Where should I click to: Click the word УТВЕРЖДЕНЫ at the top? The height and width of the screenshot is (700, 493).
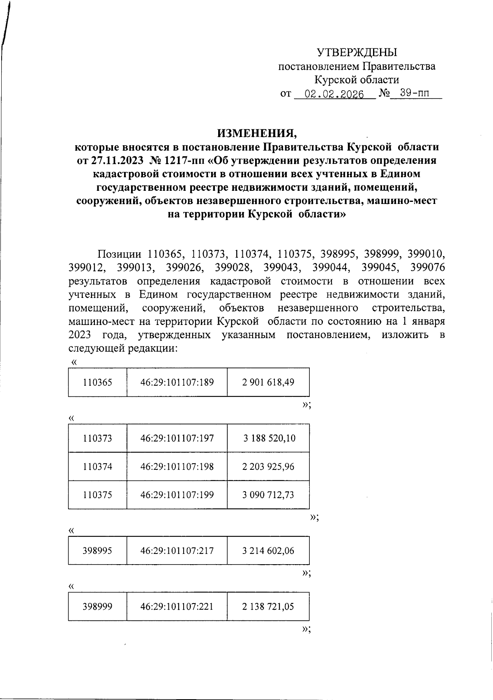[357, 52]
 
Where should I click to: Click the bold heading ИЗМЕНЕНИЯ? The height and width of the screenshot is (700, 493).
[256, 133]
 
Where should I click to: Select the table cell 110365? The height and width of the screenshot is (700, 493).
[97, 382]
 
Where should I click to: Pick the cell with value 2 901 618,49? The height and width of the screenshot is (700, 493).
[268, 382]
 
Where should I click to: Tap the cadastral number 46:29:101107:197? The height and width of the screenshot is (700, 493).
[177, 438]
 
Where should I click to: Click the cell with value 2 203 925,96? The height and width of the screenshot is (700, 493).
[268, 467]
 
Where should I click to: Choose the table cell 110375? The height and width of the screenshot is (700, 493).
[97, 495]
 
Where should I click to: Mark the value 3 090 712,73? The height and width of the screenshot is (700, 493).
[268, 495]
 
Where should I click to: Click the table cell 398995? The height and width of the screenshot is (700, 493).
[97, 551]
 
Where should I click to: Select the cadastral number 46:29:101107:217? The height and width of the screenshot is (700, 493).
[177, 551]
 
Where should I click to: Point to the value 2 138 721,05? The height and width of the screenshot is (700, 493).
[268, 606]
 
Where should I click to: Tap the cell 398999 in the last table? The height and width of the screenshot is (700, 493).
[97, 606]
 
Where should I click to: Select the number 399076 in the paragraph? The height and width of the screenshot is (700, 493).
[427, 268]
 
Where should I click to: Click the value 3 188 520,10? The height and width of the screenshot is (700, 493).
[269, 438]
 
